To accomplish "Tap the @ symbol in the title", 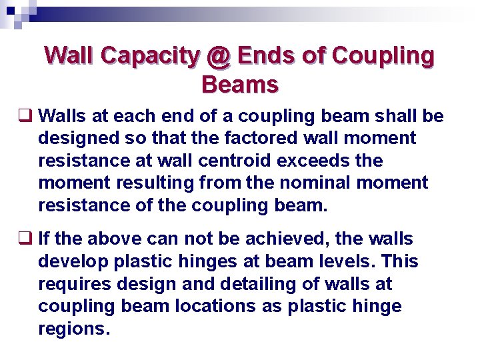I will [x=217, y=56].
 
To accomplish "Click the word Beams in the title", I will [x=239, y=85].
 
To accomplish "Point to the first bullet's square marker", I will [x=29, y=117].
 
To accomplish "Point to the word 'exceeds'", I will [x=323, y=161].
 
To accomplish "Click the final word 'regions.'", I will [x=73, y=329].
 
